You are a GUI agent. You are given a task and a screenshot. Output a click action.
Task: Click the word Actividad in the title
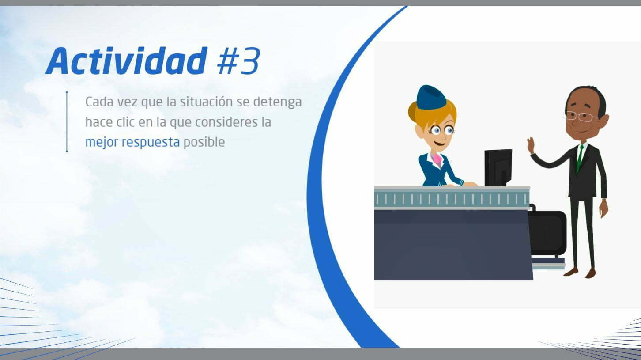[126, 61]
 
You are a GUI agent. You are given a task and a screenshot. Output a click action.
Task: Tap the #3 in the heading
[239, 61]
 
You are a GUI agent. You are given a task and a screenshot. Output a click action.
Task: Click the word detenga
[278, 102]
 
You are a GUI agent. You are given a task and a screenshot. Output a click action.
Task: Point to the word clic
[125, 122]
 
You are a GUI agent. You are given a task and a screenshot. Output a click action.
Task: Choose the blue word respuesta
[151, 142]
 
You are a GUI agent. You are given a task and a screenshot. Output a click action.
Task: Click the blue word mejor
[102, 142]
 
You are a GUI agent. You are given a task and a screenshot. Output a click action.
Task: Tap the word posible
[204, 142]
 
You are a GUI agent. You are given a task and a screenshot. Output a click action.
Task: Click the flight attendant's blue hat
[431, 97]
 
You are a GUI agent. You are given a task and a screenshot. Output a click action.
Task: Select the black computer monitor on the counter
[498, 167]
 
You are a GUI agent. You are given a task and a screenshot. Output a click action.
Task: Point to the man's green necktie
[580, 159]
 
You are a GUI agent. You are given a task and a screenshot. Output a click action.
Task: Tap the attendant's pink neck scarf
[437, 160]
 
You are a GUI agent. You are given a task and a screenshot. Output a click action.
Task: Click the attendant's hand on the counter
[469, 184]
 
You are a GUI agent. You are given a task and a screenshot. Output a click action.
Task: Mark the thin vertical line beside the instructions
[67, 121]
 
